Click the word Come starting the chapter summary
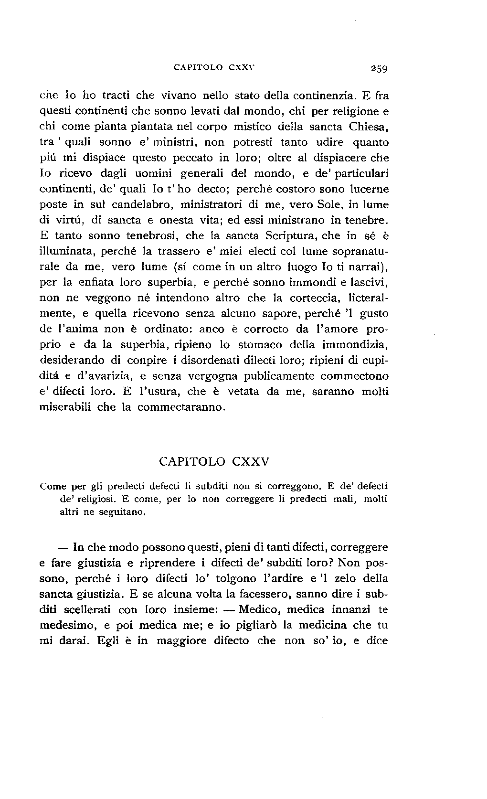click(x=53, y=487)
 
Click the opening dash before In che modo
click(x=64, y=547)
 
